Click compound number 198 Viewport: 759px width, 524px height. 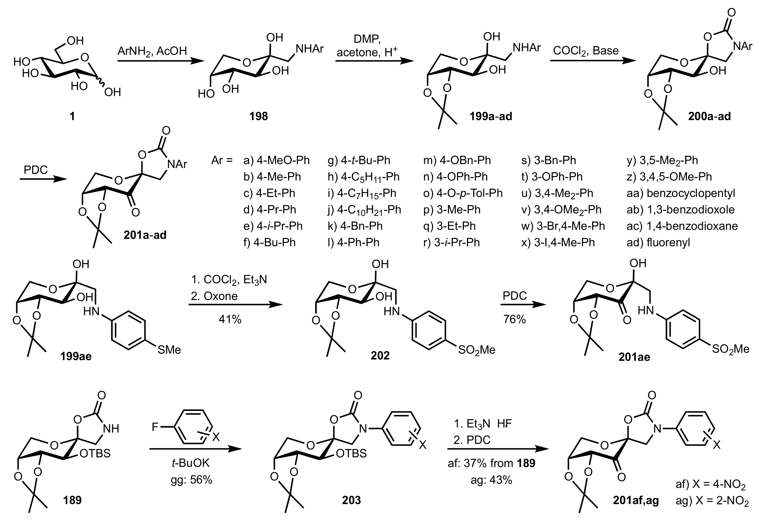click(258, 116)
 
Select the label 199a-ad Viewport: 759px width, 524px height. click(491, 116)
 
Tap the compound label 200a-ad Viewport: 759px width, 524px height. click(709, 116)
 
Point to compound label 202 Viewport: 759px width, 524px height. click(380, 356)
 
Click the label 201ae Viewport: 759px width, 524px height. click(634, 357)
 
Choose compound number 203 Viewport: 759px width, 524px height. click(351, 500)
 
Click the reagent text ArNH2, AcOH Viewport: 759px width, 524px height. click(152, 51)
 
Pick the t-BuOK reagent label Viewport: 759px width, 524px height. click(191, 463)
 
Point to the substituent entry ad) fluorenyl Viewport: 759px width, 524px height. click(658, 242)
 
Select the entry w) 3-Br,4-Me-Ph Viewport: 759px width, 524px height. click(563, 226)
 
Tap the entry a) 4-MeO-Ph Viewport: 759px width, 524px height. click(277, 160)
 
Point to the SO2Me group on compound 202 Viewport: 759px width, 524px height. click(477, 350)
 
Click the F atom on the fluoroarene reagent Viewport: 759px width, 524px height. click(155, 427)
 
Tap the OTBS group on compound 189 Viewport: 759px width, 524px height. click(95, 453)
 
